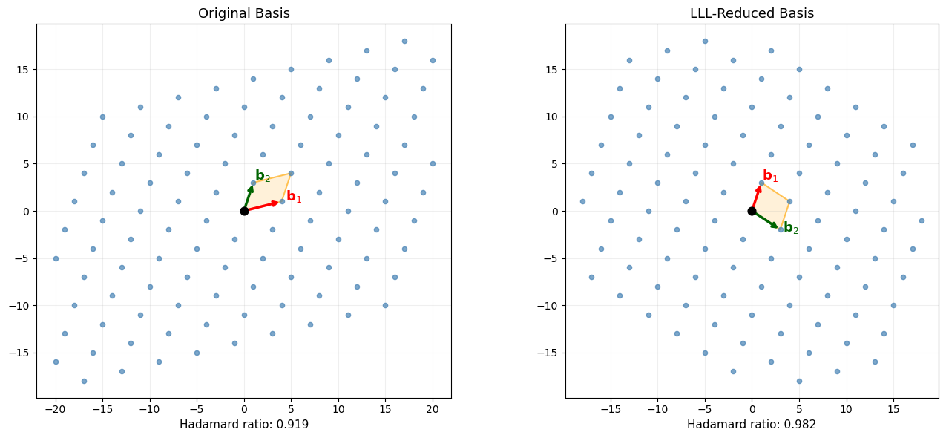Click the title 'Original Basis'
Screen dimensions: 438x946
point(243,13)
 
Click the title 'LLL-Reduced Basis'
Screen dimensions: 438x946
point(752,13)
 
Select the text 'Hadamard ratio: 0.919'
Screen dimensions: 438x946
point(243,425)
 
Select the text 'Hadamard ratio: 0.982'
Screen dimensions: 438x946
point(752,425)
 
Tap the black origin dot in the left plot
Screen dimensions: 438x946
point(244,211)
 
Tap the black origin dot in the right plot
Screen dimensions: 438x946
point(752,211)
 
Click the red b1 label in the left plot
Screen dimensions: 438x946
point(294,197)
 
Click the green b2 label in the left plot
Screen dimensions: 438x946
point(263,176)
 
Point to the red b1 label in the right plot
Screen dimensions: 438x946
point(770,176)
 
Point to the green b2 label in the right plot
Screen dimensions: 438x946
point(791,229)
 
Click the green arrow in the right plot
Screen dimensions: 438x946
point(765,220)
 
